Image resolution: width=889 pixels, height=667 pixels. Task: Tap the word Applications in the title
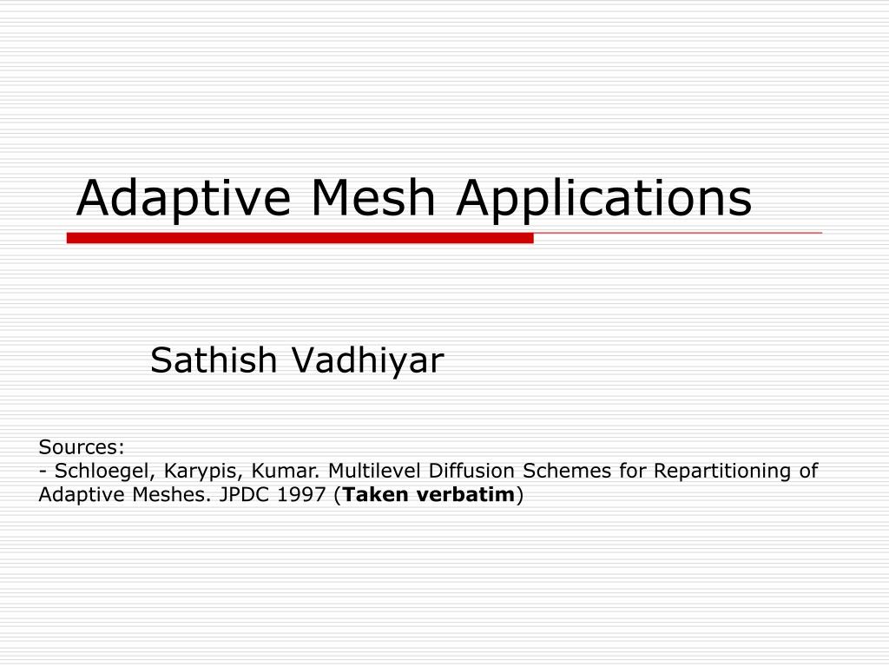[x=604, y=199]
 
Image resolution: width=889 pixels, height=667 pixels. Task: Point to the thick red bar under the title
[x=300, y=238]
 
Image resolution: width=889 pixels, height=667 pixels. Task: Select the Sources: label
[x=82, y=447]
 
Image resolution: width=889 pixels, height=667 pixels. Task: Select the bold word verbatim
[x=476, y=495]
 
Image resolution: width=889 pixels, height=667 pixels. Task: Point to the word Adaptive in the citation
[x=76, y=496]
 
